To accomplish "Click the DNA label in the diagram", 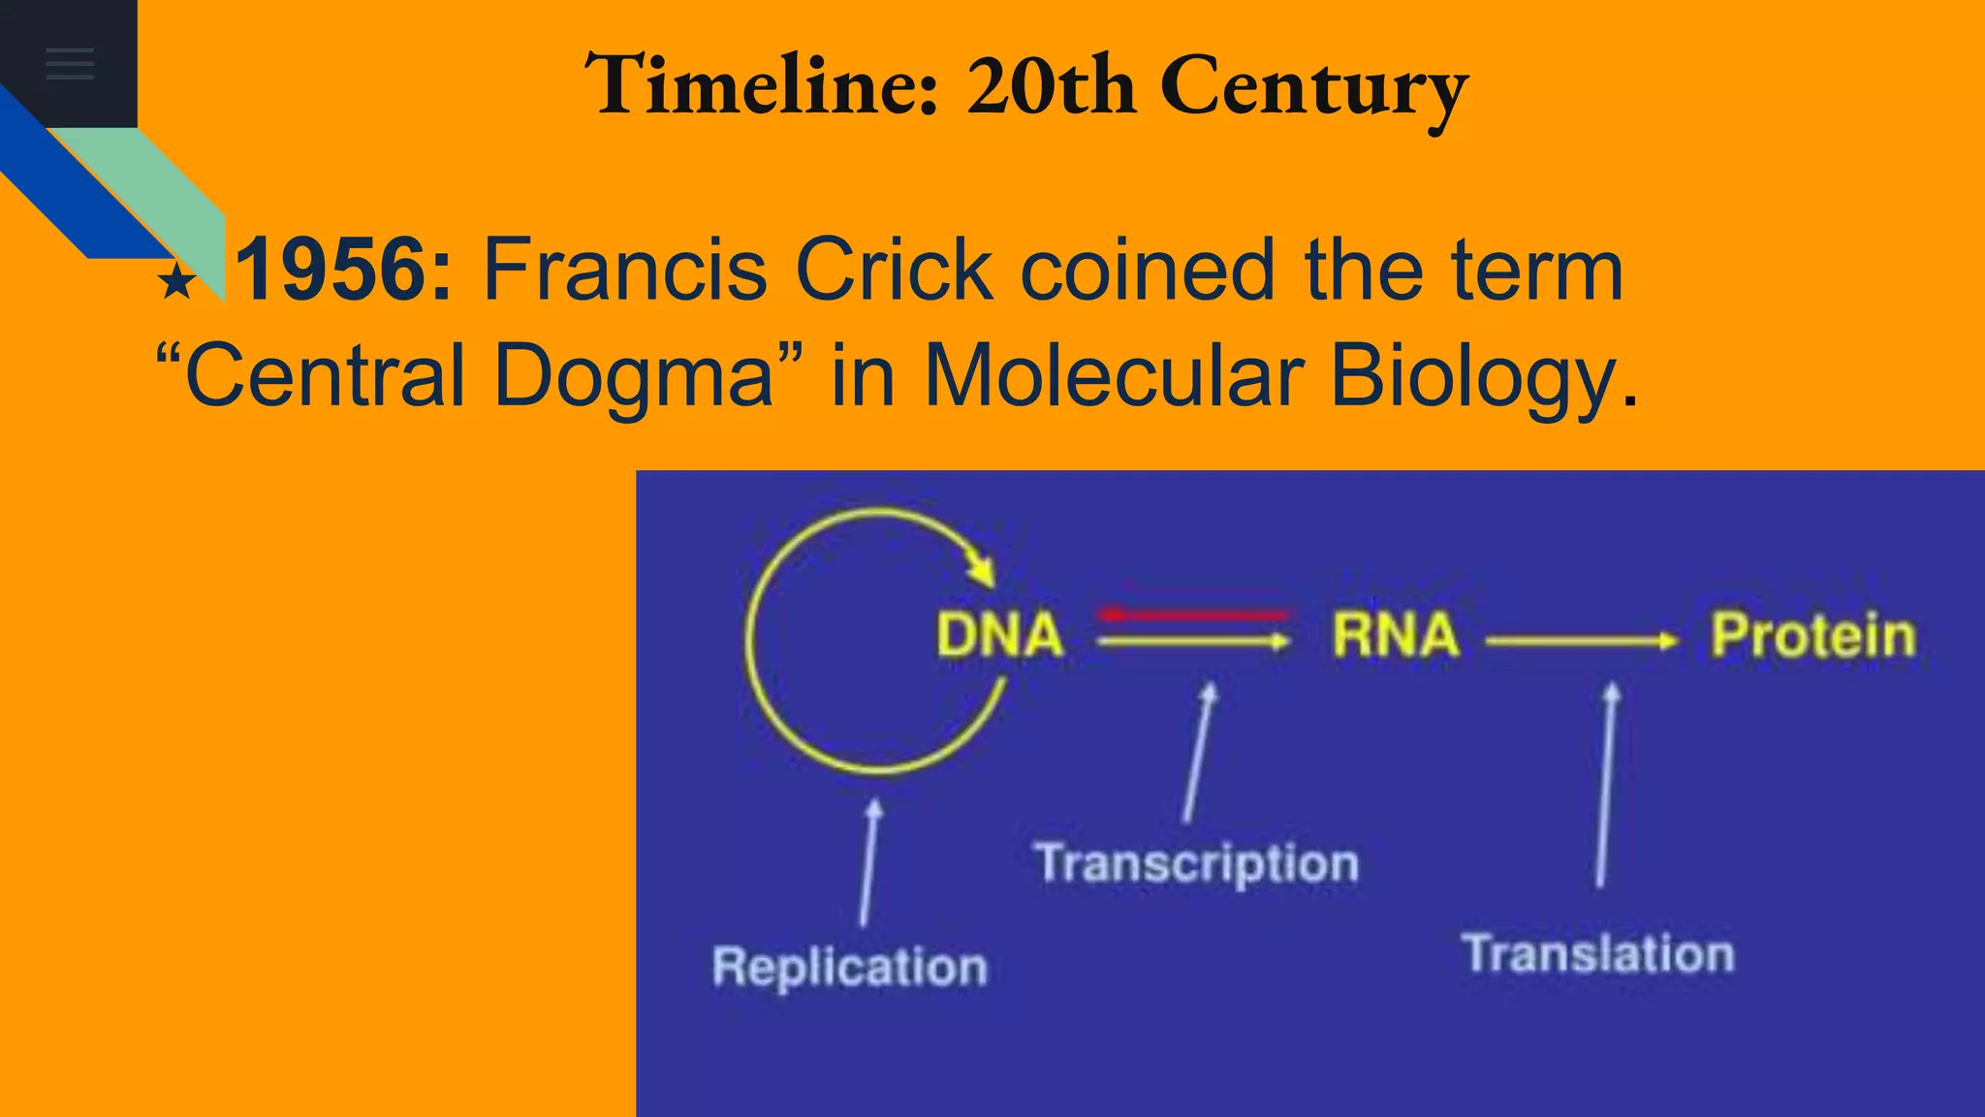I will [999, 636].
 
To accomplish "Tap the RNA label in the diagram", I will [1395, 636].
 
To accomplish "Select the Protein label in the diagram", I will [1812, 636].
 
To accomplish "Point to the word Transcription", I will [1197, 864].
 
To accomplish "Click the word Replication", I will [850, 967].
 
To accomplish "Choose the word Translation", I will [1598, 953].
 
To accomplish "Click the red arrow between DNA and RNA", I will [1193, 615].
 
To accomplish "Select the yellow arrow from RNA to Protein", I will [1581, 641].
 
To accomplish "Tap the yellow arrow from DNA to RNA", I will [1193, 641].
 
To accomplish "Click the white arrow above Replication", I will [868, 862].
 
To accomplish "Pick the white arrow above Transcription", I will [1198, 752].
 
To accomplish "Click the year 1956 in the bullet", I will [343, 270].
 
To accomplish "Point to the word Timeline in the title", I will [762, 85].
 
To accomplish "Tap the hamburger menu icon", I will [70, 64].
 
